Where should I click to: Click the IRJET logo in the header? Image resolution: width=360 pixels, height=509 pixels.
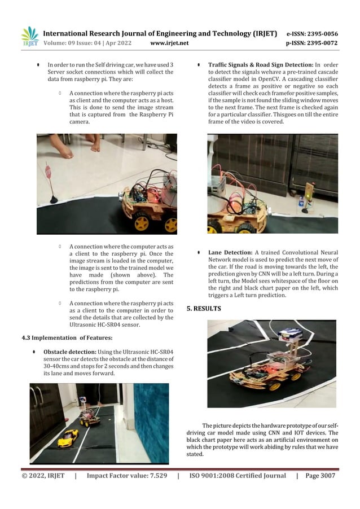tap(29, 37)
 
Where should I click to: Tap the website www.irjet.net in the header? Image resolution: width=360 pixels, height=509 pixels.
tap(170, 43)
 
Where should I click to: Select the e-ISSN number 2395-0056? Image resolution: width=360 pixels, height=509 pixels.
tap(321, 33)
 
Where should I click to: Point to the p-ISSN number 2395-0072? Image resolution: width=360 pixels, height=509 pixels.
tap(322, 43)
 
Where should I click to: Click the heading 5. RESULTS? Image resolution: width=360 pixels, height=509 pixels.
tap(204, 309)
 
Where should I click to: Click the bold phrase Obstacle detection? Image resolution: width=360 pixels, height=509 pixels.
tap(66, 352)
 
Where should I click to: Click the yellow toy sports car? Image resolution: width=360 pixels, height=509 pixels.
tap(68, 436)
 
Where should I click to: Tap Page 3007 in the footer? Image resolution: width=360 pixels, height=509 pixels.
tap(320, 476)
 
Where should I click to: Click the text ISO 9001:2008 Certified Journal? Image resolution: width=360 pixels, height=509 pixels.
tap(238, 476)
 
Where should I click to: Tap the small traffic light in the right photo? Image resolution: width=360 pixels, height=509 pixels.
tap(301, 199)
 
